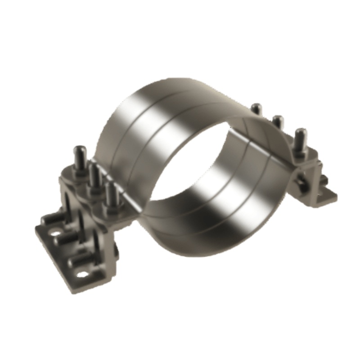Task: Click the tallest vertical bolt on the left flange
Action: tap(80, 155)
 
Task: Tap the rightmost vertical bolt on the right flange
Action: tap(300, 137)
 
